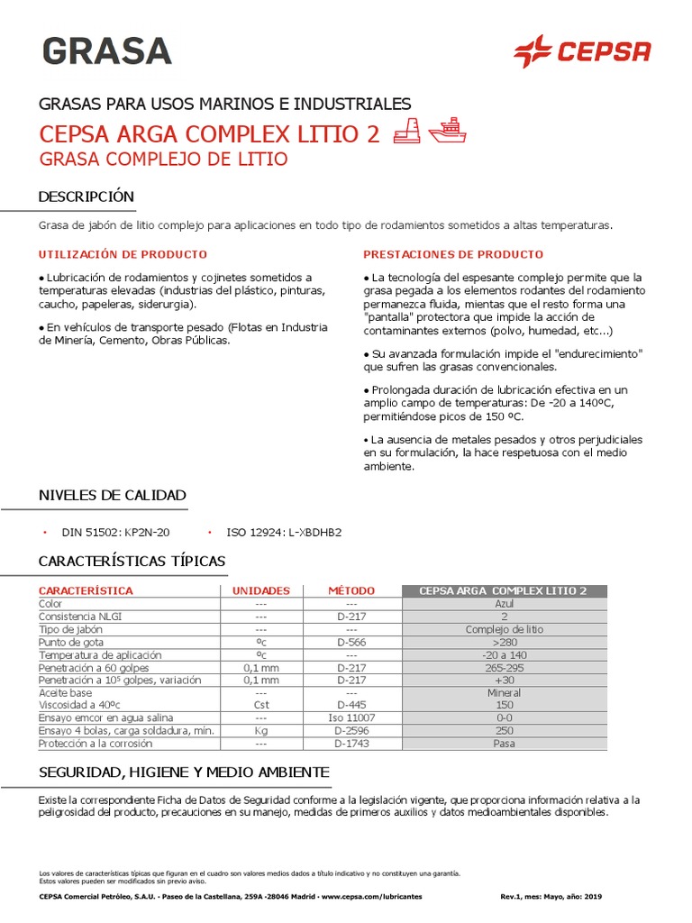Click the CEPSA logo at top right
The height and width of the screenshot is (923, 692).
581,51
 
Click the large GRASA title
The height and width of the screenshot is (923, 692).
105,51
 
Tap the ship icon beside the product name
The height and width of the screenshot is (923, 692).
447,131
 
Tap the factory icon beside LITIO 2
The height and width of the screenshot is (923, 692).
407,132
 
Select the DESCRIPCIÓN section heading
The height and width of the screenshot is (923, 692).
86,196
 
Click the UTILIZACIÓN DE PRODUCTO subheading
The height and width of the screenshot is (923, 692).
123,254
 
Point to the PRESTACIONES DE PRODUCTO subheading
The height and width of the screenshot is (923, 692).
453,254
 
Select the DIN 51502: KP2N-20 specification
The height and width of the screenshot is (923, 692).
115,533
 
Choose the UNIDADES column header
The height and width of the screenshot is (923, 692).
261,590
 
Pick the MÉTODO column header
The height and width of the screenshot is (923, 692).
351,590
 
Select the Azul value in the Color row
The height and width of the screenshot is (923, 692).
504,603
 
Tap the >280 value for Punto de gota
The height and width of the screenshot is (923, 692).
504,642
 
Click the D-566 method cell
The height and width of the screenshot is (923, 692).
351,642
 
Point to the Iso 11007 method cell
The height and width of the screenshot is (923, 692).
351,718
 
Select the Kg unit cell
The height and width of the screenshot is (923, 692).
261,731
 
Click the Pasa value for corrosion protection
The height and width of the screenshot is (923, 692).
504,744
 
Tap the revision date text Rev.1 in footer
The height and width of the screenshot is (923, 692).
551,897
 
